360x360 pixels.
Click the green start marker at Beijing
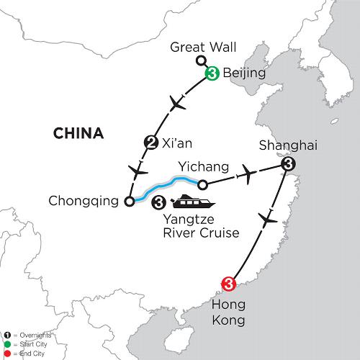point(212,73)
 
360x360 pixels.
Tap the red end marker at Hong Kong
point(228,284)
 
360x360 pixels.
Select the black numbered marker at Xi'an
point(151,143)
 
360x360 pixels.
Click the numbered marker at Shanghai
point(288,164)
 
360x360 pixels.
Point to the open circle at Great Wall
point(200,60)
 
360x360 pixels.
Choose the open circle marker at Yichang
point(202,185)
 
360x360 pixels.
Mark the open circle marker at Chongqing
point(130,201)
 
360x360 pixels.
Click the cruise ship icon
point(193,201)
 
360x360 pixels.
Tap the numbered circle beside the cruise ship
point(158,202)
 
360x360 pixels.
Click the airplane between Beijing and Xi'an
point(177,103)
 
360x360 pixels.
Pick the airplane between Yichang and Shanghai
point(249,174)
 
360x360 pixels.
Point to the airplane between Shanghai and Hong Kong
point(268,220)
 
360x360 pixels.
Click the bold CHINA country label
point(78,133)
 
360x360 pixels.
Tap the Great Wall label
point(203,47)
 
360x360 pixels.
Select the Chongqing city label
point(84,201)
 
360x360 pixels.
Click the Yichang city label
point(204,166)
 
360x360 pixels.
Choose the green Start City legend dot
point(8,344)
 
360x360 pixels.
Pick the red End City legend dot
point(8,354)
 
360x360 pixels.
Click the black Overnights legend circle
point(8,335)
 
